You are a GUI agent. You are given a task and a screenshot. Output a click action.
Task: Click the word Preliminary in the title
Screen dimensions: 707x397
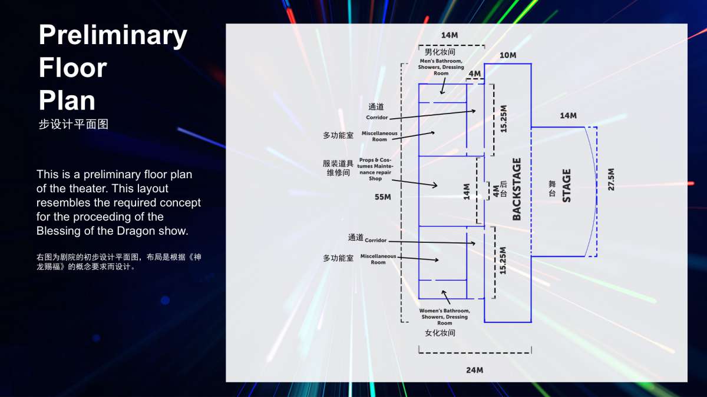click(x=113, y=36)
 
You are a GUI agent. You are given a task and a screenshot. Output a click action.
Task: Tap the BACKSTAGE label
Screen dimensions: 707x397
click(x=516, y=189)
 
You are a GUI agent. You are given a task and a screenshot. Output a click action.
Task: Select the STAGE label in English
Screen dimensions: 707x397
click(x=567, y=186)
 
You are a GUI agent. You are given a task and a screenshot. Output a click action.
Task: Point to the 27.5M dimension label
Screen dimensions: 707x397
click(x=611, y=179)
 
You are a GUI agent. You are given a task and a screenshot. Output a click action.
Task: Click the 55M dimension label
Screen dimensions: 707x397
click(x=382, y=197)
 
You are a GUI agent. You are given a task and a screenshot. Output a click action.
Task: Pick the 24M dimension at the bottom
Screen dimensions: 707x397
click(x=474, y=370)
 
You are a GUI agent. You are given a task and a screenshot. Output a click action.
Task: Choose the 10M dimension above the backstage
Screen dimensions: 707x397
click(x=508, y=55)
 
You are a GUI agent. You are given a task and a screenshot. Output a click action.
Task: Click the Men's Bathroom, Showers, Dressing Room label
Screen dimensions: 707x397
click(x=441, y=67)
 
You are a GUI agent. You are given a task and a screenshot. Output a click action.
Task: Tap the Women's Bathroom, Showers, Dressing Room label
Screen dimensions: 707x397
click(x=444, y=316)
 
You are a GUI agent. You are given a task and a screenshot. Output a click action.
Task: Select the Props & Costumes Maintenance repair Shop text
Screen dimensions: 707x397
click(x=375, y=169)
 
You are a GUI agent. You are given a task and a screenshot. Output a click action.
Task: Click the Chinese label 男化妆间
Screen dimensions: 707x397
click(x=440, y=52)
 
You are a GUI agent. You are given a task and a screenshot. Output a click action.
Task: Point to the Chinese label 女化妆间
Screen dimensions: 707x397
click(x=440, y=333)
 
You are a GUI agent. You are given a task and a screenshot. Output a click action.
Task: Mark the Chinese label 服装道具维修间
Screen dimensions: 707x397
click(x=338, y=168)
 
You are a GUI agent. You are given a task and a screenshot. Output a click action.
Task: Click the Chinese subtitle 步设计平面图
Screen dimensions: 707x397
click(x=74, y=124)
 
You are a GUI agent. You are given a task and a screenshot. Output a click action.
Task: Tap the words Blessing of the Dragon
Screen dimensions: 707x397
click(x=96, y=231)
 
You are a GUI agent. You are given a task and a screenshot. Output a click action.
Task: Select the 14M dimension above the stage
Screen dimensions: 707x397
click(x=568, y=116)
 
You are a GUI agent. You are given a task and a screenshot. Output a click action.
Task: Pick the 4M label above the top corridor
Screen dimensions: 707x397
click(x=475, y=74)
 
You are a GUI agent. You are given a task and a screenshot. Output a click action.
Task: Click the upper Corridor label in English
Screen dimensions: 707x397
click(x=377, y=117)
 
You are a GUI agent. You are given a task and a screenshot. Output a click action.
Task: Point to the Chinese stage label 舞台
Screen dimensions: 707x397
click(x=552, y=188)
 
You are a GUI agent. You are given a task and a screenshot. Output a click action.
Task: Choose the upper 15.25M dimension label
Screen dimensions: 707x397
click(x=503, y=119)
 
